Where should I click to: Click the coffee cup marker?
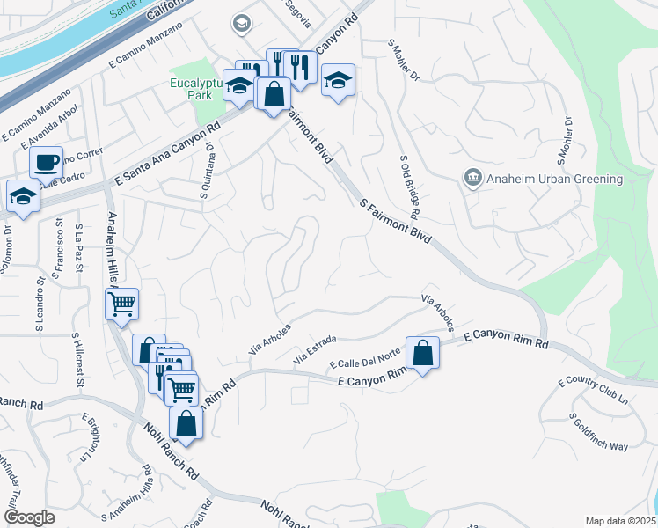coord(46,163)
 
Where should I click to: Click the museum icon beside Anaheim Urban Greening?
coord(472,179)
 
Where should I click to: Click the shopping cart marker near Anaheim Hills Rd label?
coord(122,304)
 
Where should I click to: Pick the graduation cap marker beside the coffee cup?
coord(23,197)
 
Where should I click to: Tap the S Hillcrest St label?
coord(79,359)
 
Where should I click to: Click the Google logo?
coord(29,517)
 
